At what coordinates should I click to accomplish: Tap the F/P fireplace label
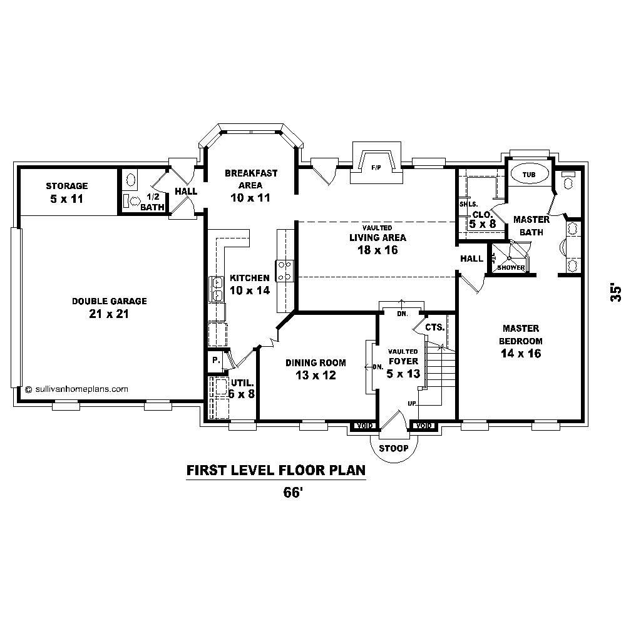click(376, 168)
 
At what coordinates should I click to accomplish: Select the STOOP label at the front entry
click(393, 448)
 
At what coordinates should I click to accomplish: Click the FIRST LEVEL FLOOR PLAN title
click(275, 470)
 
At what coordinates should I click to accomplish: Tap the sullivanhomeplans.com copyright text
click(77, 388)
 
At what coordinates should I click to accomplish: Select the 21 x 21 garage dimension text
click(109, 314)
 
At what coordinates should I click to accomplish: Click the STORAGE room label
click(67, 186)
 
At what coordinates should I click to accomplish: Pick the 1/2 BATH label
click(152, 202)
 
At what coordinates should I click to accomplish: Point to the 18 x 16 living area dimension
click(377, 250)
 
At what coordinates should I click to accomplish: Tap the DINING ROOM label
click(316, 363)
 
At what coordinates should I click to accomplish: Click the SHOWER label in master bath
click(511, 267)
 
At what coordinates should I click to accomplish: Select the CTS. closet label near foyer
click(434, 327)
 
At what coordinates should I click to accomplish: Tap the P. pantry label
click(215, 360)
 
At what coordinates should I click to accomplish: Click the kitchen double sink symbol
click(217, 289)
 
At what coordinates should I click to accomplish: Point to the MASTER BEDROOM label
click(520, 335)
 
